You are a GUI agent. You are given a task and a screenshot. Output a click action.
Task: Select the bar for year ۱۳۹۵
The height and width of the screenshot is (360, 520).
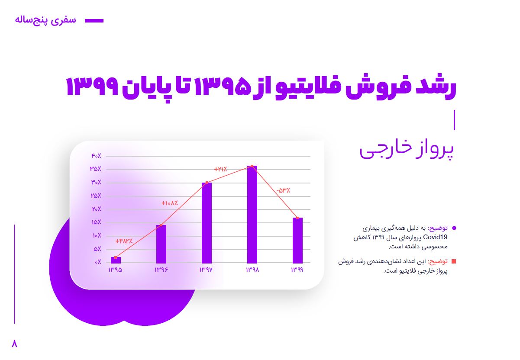tap(116, 260)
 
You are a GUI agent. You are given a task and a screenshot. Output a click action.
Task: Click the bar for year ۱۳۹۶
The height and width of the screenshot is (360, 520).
tap(161, 244)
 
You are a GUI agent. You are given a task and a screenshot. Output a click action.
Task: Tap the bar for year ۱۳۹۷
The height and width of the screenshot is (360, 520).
tap(207, 223)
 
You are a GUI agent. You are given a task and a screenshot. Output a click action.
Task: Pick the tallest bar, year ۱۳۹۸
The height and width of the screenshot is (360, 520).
tap(252, 215)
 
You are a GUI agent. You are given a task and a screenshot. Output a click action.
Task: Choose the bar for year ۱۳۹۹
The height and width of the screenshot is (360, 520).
tap(297, 241)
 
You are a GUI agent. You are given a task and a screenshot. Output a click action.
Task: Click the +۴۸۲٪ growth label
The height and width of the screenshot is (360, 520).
tap(124, 241)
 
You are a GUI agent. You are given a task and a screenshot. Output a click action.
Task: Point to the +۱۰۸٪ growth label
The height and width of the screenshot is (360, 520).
tap(170, 203)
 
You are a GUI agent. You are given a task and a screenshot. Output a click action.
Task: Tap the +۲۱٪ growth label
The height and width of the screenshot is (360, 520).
tap(220, 169)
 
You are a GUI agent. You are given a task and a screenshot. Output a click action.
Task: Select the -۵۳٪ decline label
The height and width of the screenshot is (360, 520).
tap(283, 190)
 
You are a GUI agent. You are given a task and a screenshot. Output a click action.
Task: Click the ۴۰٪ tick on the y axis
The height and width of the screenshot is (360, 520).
tap(97, 156)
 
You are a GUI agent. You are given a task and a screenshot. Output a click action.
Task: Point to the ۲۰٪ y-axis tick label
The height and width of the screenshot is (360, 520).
tap(97, 209)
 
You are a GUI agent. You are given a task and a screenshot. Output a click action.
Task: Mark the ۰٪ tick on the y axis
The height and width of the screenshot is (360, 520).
tap(98, 262)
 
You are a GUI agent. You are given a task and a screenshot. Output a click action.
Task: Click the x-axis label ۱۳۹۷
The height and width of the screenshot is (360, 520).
tap(206, 270)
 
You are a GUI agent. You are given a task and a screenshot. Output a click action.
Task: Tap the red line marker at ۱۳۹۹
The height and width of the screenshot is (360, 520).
tap(297, 218)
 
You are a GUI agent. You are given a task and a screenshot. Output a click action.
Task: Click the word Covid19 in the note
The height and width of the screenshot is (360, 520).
tap(435, 237)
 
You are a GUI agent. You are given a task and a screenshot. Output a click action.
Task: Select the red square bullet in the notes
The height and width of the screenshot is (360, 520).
tap(454, 261)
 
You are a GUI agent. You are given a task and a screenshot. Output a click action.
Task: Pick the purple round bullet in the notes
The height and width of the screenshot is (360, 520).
tap(454, 228)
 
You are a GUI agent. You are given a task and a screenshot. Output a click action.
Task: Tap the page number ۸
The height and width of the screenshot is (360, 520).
tap(14, 344)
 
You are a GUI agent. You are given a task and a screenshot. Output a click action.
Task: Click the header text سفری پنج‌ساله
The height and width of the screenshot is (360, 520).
tap(45, 20)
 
